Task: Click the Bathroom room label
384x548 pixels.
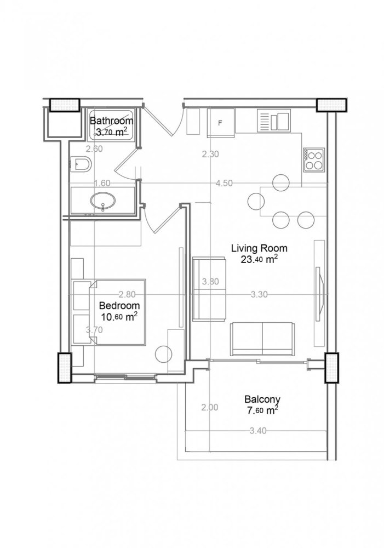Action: pyautogui.click(x=111, y=121)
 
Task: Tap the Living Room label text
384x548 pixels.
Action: pyautogui.click(x=259, y=248)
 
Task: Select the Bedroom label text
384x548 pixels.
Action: pyautogui.click(x=119, y=306)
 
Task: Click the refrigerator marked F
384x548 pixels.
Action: pyautogui.click(x=221, y=122)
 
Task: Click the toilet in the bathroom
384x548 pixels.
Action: pyautogui.click(x=81, y=163)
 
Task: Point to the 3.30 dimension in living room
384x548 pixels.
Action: pyautogui.click(x=259, y=294)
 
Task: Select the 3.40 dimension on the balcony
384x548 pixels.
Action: pyautogui.click(x=257, y=431)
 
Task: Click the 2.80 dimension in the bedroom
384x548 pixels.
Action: pyautogui.click(x=111, y=294)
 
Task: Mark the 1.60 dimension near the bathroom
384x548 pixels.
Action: pyautogui.click(x=102, y=183)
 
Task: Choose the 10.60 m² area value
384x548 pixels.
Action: pyautogui.click(x=119, y=316)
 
